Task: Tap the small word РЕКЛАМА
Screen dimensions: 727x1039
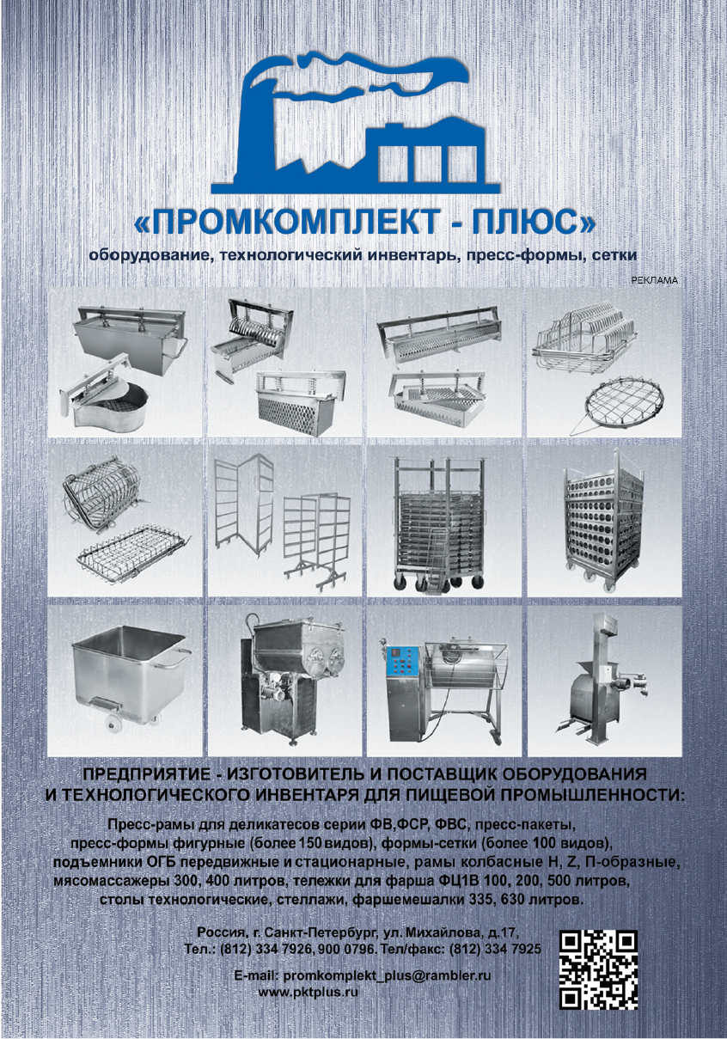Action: tap(655, 280)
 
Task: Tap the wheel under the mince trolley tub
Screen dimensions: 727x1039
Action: tap(113, 727)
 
